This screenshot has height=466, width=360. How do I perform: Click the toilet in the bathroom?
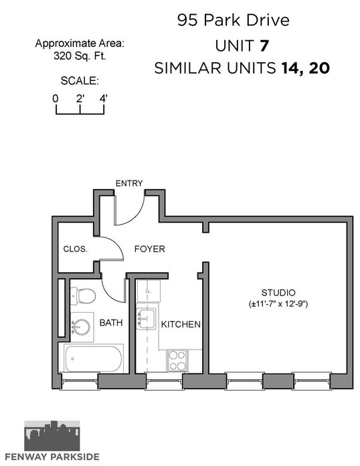83,296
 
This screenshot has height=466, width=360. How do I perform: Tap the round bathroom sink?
81,327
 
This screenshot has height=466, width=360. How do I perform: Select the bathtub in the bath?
94,359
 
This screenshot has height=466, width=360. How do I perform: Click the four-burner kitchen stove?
177,360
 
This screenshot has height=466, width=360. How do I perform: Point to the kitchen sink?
146,319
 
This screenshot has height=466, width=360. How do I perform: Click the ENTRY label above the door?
129,183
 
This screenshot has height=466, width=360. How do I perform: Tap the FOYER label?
150,249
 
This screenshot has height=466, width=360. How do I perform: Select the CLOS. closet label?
76,249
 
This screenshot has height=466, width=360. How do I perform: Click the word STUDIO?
278,293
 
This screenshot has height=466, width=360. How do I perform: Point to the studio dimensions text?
278,304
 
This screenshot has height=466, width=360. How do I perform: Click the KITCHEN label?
181,324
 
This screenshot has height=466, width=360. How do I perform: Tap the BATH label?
111,322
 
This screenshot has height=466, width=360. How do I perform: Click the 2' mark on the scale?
80,98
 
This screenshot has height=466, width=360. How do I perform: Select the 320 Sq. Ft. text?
80,56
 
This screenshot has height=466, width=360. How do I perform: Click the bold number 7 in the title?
264,46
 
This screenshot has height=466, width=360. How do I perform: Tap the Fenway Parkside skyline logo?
52,435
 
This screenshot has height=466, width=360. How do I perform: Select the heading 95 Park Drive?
234,20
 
